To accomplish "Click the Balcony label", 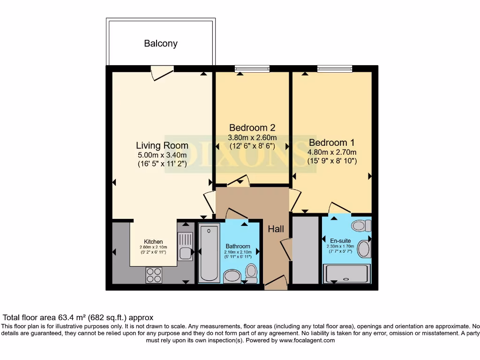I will click(x=161, y=44).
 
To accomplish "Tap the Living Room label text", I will click(x=162, y=145).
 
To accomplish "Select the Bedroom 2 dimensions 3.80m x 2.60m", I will click(x=252, y=138).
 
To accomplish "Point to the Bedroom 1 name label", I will click(x=332, y=142).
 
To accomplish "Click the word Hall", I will click(x=276, y=229).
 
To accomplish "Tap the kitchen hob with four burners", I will click(x=154, y=275).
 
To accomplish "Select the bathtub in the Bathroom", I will click(x=209, y=253).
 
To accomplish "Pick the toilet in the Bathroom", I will click(x=251, y=273).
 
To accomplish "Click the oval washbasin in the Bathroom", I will click(x=232, y=276).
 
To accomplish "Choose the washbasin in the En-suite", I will click(x=364, y=249).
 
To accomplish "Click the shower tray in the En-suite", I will click(x=347, y=274).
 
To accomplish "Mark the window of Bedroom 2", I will click(x=252, y=69).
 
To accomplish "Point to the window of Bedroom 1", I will click(x=335, y=69).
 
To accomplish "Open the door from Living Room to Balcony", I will click(x=162, y=72).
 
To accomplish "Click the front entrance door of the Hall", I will click(x=276, y=282).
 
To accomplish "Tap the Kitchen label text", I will click(x=153, y=242).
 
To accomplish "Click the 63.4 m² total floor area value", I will click(x=71, y=317).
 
